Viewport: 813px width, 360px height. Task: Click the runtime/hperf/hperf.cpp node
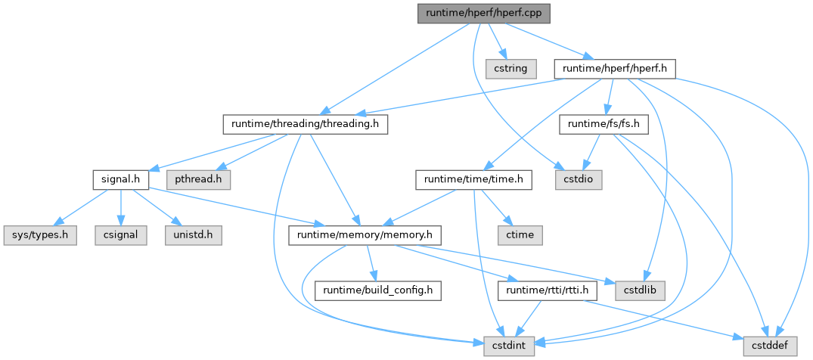tap(484, 13)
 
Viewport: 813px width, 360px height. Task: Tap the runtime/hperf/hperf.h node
tap(614, 68)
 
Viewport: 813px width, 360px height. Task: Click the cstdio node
tap(579, 179)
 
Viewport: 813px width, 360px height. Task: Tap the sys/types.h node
tap(39, 234)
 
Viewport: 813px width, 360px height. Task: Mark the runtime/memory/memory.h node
tap(365, 234)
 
